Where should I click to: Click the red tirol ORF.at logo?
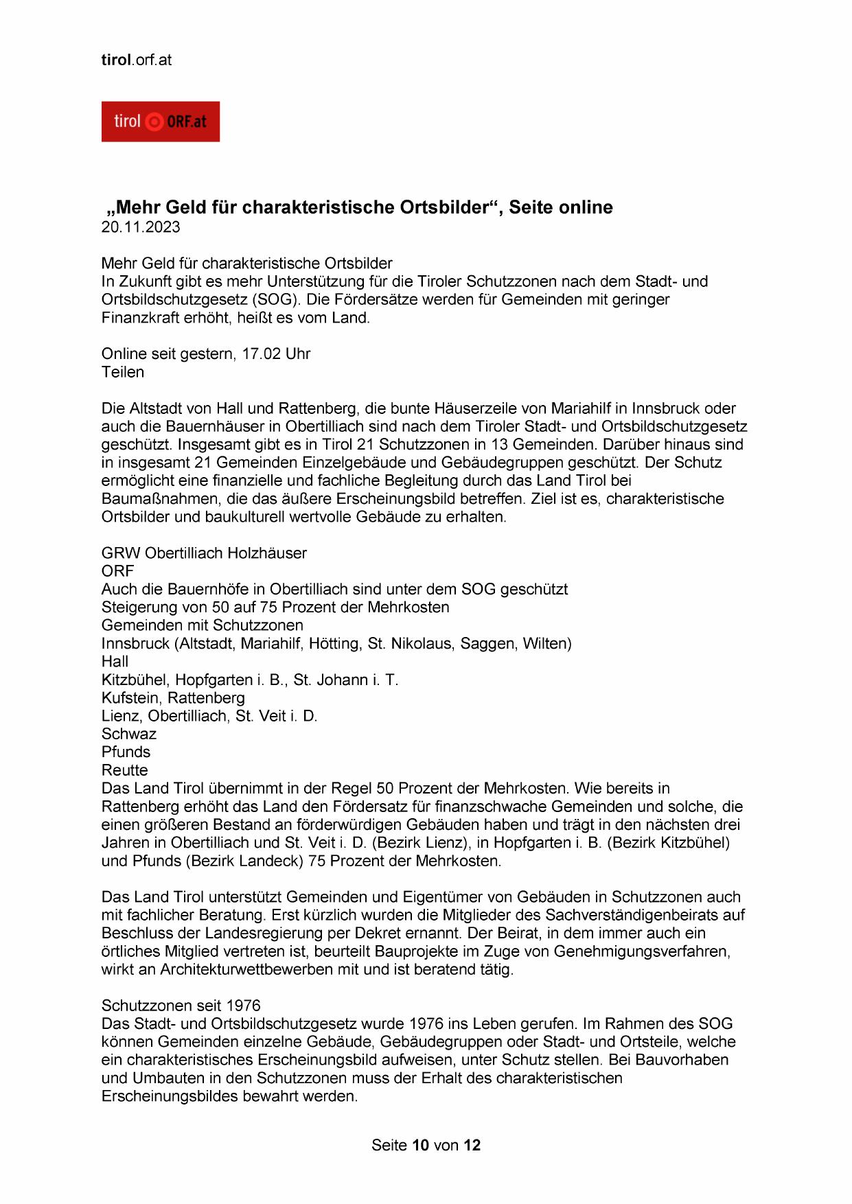tap(160, 121)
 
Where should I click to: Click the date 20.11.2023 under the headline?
tap(141, 227)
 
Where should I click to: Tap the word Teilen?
tap(123, 372)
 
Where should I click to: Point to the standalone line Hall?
tap(115, 662)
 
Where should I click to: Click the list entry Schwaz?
tap(129, 734)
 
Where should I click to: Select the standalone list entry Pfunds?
tap(126, 752)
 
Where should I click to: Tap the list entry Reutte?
tap(125, 770)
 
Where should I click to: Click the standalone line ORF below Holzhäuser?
tap(117, 571)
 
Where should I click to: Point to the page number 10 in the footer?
tap(420, 1145)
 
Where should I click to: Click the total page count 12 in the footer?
tap(472, 1145)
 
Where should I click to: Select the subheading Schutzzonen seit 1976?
tap(181, 1006)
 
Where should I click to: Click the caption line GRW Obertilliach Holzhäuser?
tap(204, 553)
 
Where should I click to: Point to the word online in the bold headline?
tap(583, 207)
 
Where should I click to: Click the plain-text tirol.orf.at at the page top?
tap(137, 60)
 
